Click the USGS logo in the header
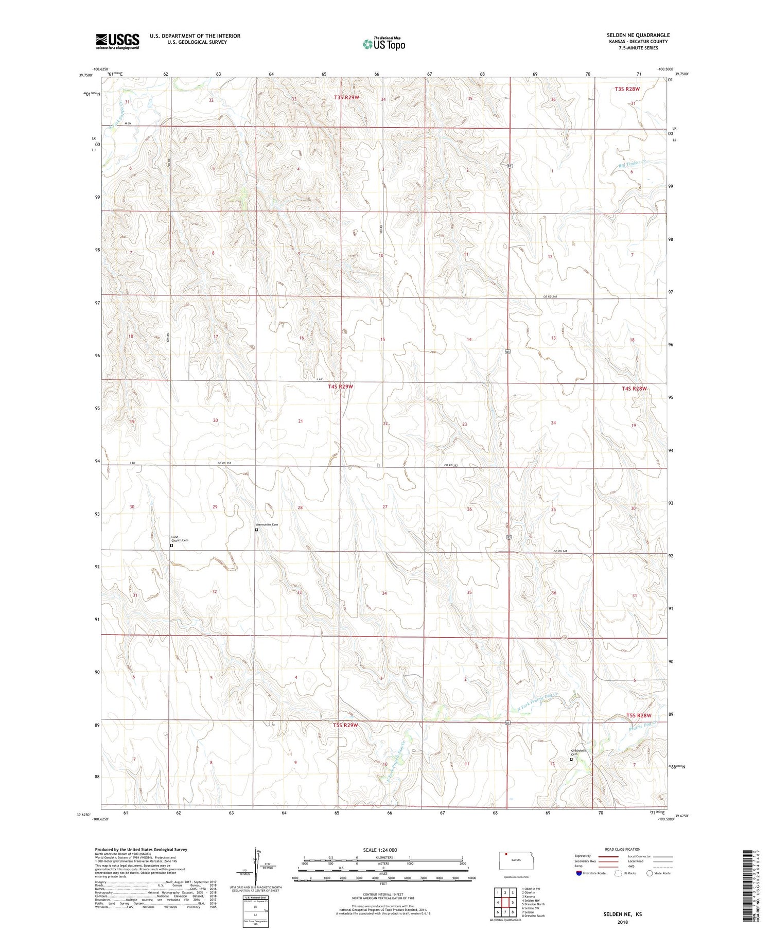(x=117, y=41)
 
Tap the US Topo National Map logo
(x=384, y=44)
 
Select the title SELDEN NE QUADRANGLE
(x=638, y=35)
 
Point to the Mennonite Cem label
(x=267, y=524)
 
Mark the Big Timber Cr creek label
(x=631, y=163)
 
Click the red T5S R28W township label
(x=639, y=715)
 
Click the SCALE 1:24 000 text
(x=380, y=850)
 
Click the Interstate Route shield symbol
(x=579, y=873)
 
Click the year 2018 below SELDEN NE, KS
(x=622, y=922)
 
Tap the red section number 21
(x=301, y=421)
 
